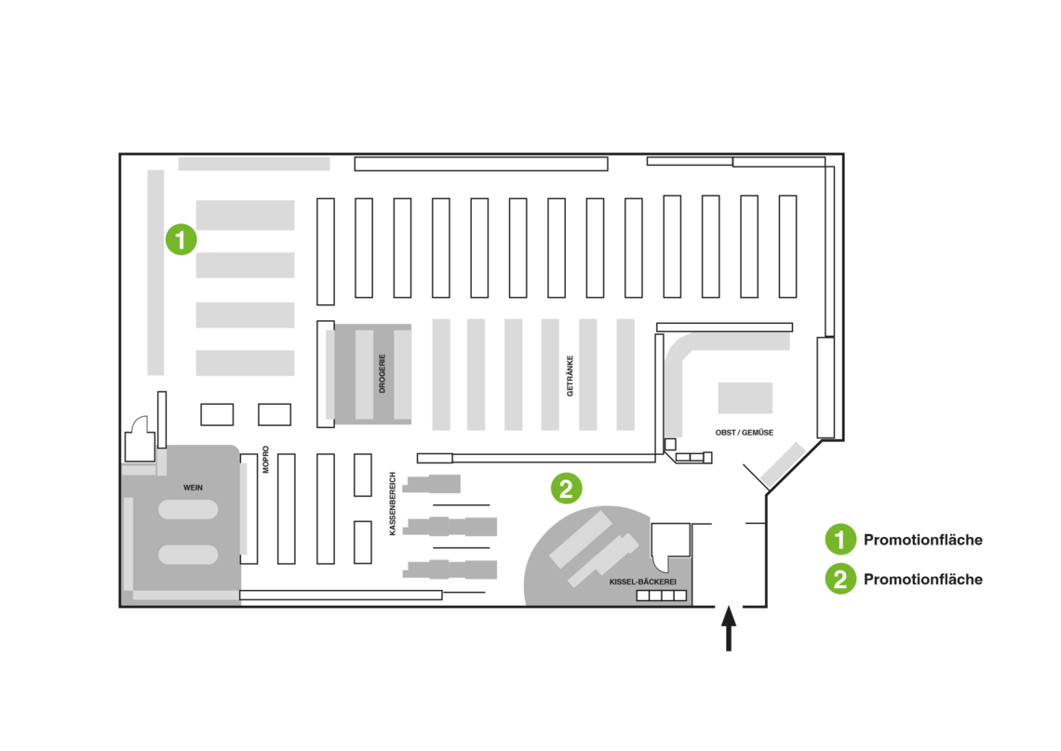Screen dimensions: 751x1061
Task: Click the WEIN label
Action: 193,488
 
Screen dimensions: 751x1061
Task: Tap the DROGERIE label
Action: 382,373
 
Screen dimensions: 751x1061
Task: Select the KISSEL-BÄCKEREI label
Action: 642,581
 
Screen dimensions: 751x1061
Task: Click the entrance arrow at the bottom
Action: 729,628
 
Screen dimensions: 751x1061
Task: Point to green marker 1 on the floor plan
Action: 181,239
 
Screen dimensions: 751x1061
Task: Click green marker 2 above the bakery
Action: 566,488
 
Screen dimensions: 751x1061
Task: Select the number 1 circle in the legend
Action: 839,539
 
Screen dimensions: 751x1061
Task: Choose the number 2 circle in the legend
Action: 839,579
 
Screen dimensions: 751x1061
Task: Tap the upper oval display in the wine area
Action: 188,510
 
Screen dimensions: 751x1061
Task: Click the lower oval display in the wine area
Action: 188,555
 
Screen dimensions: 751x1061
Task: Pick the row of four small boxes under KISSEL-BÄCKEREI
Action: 661,596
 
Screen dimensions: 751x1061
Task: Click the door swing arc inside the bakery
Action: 662,562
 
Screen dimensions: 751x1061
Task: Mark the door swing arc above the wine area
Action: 141,425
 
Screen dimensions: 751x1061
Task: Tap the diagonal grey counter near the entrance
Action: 783,464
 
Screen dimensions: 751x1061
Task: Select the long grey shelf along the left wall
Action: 155,272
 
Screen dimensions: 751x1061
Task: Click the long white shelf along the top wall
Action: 480,164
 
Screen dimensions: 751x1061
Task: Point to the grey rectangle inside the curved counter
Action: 745,398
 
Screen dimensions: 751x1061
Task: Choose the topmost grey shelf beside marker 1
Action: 246,215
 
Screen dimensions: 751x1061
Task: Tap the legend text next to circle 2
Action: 922,580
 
